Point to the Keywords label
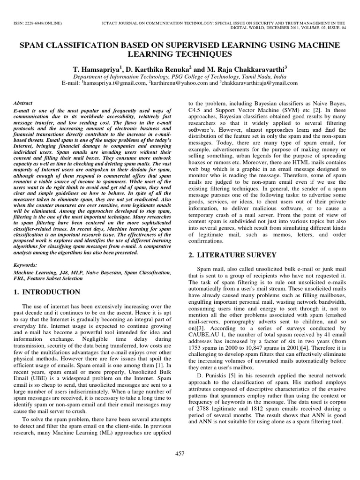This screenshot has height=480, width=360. [26, 264]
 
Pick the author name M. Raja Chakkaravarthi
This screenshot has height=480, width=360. [248, 68]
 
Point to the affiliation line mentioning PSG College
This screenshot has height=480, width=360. [180, 75]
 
